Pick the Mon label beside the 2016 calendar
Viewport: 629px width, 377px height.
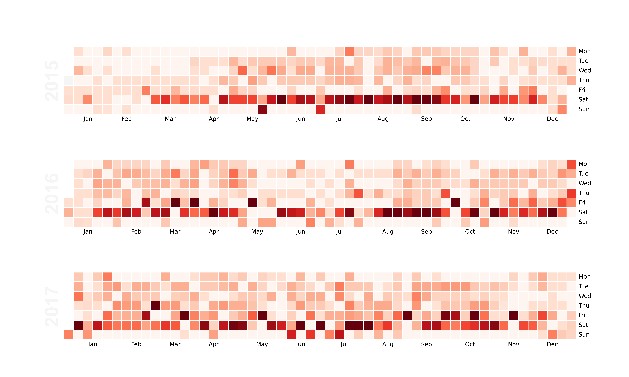point(584,164)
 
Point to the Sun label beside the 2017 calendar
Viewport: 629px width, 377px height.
point(584,335)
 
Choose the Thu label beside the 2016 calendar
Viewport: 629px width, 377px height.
point(584,193)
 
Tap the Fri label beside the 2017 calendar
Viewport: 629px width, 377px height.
point(582,315)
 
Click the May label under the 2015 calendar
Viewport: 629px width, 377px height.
point(252,119)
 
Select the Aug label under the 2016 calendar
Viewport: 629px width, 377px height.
point(388,232)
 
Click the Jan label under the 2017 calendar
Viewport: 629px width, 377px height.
point(93,344)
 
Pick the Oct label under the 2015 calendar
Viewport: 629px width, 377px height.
point(465,119)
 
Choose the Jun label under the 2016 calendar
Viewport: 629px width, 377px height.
point(301,232)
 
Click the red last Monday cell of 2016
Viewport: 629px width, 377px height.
point(572,164)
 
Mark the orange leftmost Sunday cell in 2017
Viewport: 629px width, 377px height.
point(69,335)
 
